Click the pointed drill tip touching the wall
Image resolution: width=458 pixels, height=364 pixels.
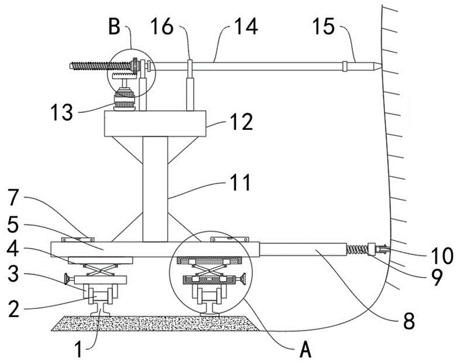click(375, 67)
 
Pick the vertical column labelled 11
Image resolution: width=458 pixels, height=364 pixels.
click(155, 188)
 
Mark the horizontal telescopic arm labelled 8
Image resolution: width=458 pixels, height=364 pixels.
click(302, 250)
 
